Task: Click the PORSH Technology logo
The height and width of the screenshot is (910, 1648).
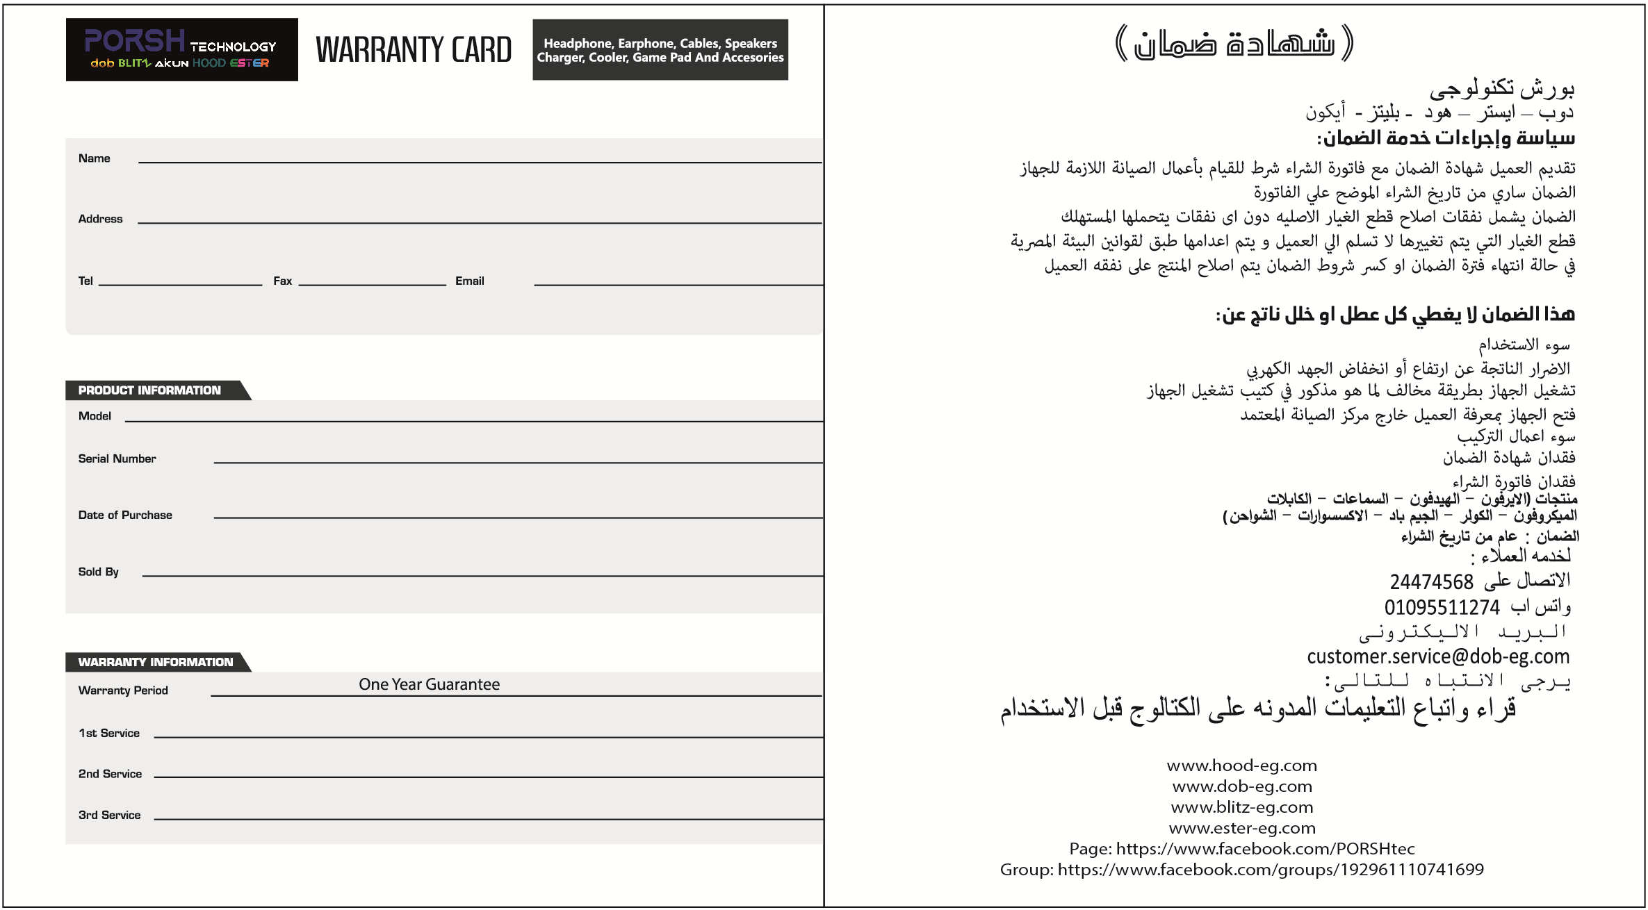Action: click(181, 49)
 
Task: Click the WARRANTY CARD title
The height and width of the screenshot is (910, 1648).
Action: click(414, 50)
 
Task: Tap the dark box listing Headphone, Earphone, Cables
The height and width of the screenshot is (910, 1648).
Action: click(660, 50)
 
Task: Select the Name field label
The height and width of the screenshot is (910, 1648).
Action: click(95, 158)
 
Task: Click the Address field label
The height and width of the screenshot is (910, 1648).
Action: click(100, 219)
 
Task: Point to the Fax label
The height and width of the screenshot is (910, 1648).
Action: click(282, 281)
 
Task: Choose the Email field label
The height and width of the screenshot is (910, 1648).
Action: click(469, 281)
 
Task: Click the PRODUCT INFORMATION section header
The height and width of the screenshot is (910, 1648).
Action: click(149, 390)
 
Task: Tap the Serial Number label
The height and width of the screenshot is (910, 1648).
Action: click(117, 458)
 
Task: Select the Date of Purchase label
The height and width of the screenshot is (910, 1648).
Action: click(125, 515)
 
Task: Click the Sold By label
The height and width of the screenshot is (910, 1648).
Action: click(98, 572)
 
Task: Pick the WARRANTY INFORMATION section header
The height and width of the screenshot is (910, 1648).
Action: click(156, 662)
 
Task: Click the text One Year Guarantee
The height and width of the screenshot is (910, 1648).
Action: click(429, 684)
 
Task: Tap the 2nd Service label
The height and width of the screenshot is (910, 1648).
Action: click(110, 774)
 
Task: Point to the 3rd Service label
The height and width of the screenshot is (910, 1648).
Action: click(109, 815)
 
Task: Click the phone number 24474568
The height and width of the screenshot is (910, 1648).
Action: click(1431, 581)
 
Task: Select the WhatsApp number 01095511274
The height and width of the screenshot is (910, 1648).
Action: click(1442, 607)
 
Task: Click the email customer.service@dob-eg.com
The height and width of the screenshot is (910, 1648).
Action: click(1437, 656)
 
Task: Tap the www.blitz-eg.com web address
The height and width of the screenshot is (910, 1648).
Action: click(1241, 807)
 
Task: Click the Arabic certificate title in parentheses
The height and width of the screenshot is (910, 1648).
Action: click(1234, 43)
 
